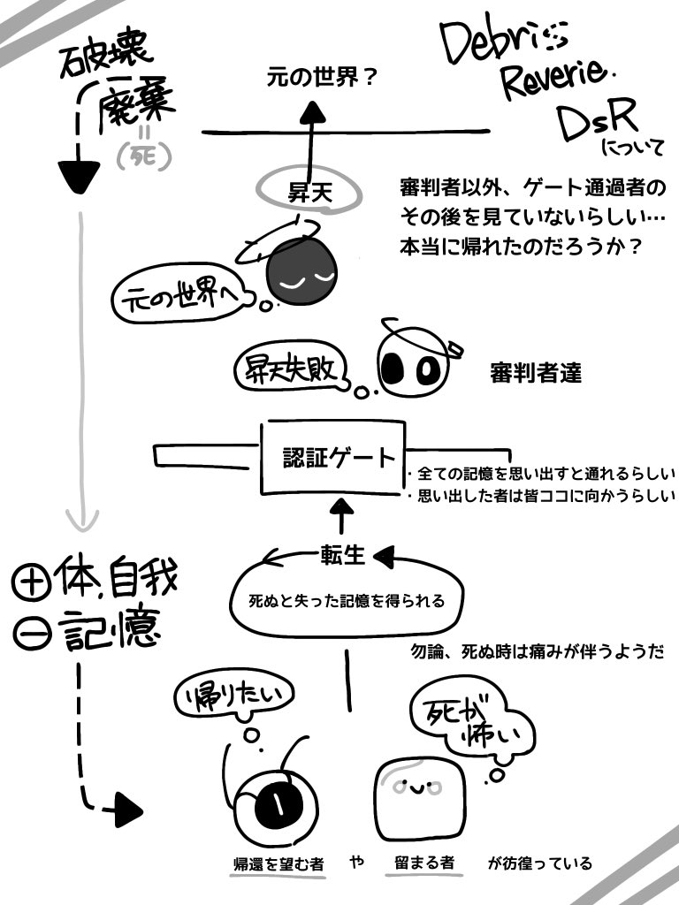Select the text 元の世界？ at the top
point(322,79)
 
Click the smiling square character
point(423,795)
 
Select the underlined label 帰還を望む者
point(277,863)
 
